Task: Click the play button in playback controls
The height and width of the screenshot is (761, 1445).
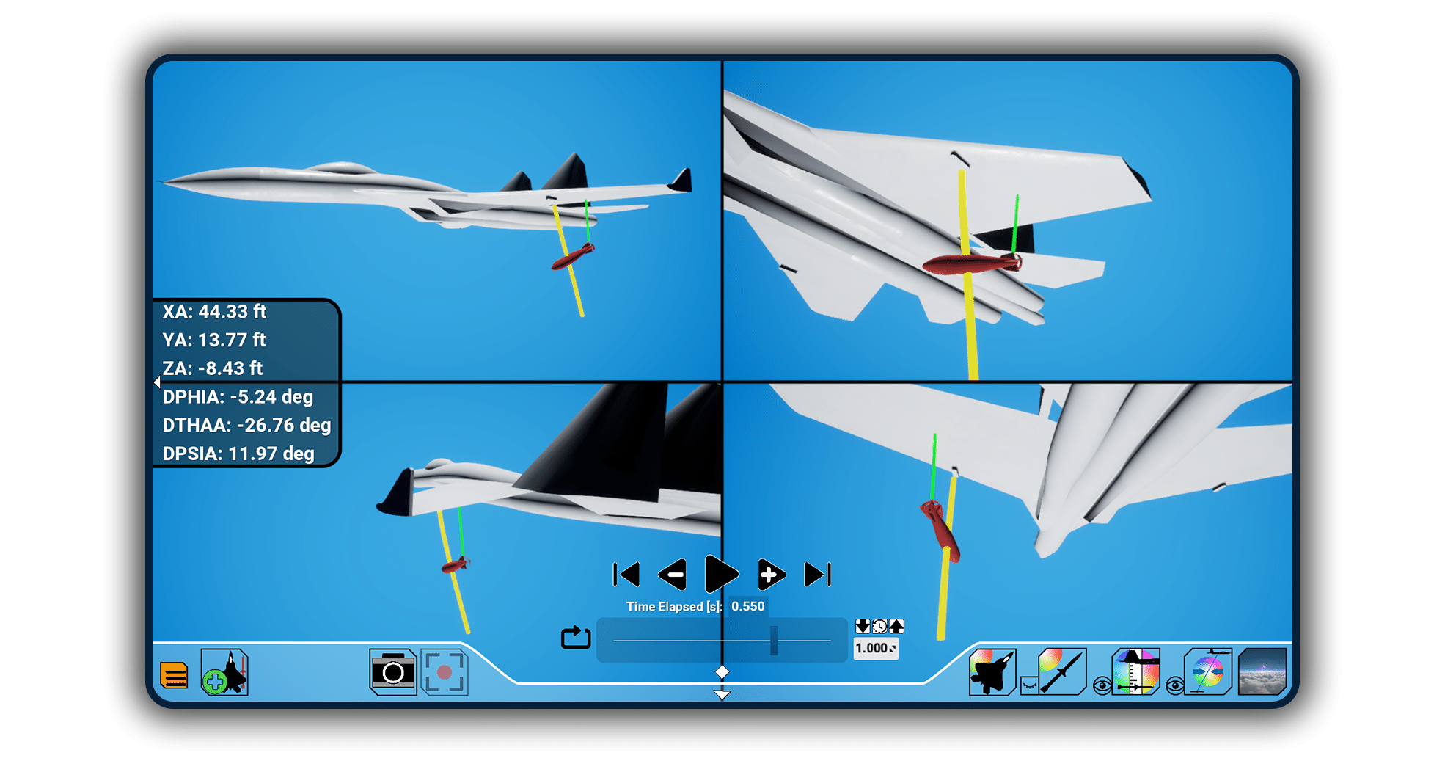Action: point(721,574)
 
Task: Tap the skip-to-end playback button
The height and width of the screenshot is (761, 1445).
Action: point(817,575)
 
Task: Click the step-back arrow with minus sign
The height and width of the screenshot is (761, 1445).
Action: point(673,575)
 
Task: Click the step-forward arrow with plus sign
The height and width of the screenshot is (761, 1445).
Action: point(770,575)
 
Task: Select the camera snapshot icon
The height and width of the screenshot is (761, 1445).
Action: point(393,671)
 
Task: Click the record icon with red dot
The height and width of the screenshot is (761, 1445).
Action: point(445,671)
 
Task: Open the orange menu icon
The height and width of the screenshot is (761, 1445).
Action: point(174,675)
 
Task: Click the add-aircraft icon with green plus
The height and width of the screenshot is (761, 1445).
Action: point(225,672)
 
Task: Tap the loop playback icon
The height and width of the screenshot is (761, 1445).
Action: point(576,637)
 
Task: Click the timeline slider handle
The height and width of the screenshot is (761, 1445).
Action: point(774,641)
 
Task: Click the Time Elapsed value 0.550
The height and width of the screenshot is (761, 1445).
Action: point(747,606)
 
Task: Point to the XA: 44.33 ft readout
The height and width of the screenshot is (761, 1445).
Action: point(214,312)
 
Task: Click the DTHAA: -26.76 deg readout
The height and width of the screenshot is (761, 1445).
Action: point(246,426)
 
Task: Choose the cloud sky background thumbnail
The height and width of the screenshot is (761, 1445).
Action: point(1262,671)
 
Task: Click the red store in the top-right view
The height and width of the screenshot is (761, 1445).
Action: point(970,264)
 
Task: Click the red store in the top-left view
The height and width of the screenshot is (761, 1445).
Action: point(572,257)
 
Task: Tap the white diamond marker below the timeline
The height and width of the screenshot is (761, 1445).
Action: point(722,671)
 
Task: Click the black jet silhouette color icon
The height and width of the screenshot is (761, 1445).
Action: point(992,671)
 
